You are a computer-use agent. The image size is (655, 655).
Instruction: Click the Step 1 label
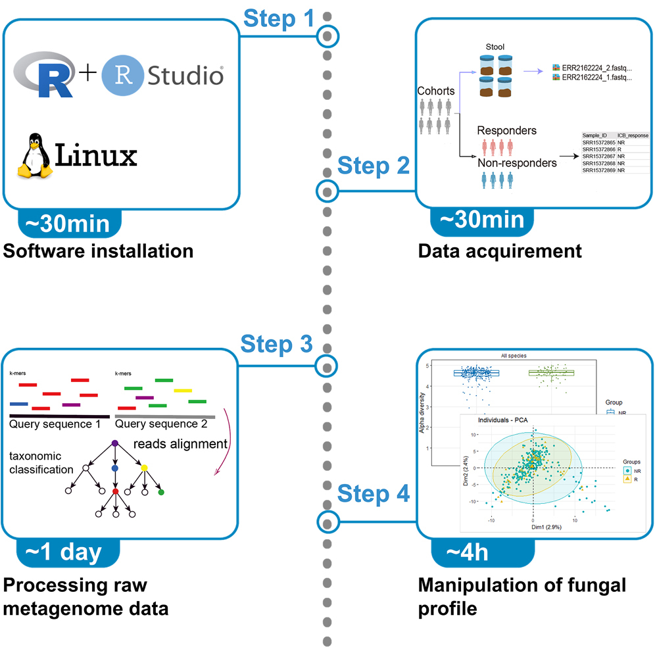279,19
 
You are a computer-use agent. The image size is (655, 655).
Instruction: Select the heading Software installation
99,251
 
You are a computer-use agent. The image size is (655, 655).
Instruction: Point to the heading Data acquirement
500,251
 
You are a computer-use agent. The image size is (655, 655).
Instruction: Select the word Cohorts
436,91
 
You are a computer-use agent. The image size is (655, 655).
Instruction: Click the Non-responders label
517,162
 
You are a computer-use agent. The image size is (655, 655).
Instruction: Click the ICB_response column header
632,135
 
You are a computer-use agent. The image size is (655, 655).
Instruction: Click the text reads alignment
180,445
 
